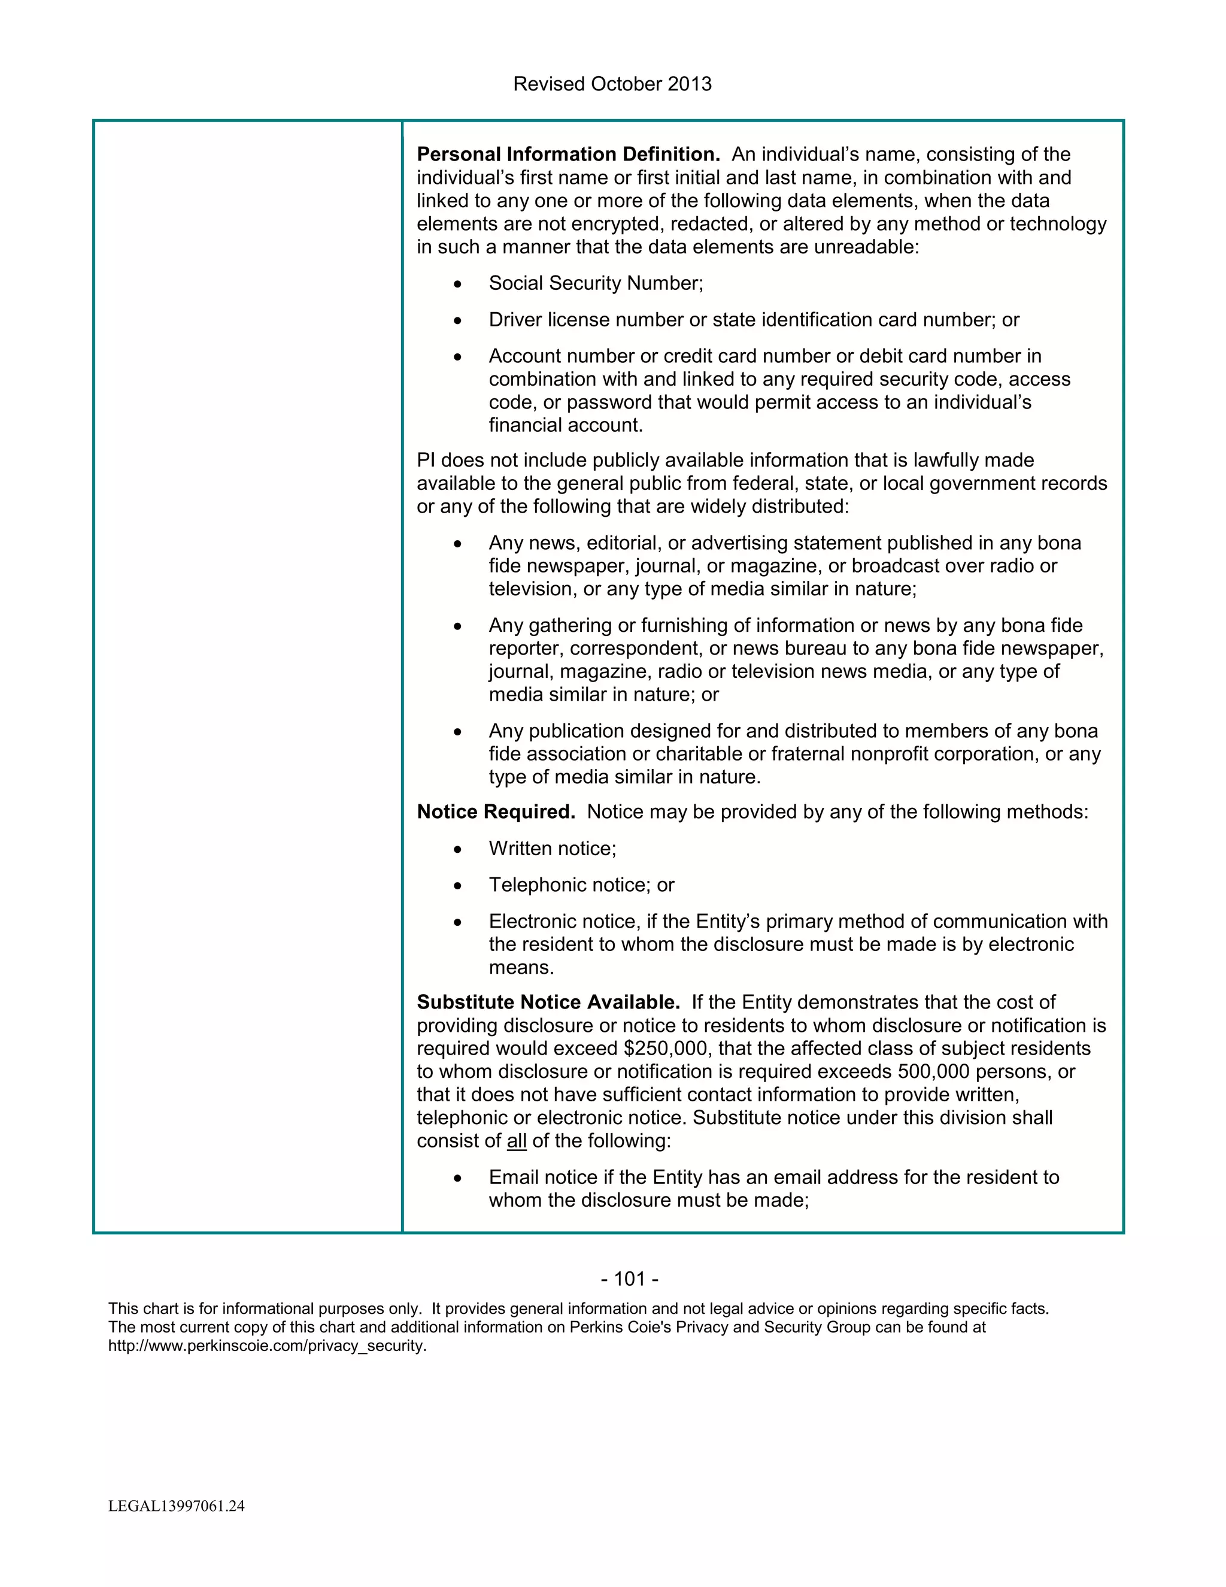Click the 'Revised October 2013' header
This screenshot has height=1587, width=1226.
coord(612,84)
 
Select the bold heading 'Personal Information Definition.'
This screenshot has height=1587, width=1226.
coord(568,155)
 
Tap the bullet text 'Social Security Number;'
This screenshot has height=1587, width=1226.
coord(596,283)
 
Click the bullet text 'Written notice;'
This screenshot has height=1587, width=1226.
coord(552,849)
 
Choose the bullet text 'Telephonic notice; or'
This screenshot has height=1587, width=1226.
coord(581,885)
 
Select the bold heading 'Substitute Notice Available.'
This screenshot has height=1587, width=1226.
coord(548,1003)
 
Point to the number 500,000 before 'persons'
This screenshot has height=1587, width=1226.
coord(933,1072)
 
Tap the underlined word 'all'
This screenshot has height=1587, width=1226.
coord(517,1141)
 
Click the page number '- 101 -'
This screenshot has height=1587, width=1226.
coord(630,1279)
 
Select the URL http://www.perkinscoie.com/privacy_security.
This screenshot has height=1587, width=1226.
coord(267,1346)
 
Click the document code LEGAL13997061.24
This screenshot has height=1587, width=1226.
coord(177,1506)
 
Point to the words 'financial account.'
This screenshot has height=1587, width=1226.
coord(566,425)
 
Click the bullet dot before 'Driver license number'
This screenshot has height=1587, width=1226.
coord(457,320)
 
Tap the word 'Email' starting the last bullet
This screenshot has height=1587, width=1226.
coord(514,1177)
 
